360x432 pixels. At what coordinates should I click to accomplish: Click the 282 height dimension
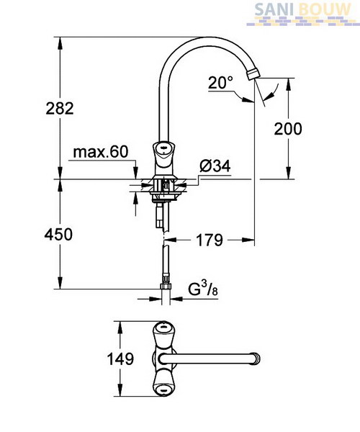60,108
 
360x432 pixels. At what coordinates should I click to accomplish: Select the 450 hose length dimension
58,235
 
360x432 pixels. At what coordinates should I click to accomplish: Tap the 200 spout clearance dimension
288,129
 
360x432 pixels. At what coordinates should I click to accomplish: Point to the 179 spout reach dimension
210,240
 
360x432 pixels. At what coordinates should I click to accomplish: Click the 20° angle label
220,82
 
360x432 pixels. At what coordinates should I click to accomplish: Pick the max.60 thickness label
101,152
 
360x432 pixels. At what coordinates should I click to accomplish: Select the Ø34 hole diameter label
215,166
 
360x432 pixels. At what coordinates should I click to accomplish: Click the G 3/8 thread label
203,289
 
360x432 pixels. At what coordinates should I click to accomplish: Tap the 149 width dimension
120,359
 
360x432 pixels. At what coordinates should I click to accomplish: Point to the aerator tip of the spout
253,75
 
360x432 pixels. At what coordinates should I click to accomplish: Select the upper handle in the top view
163,334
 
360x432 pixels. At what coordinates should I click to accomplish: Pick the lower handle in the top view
163,384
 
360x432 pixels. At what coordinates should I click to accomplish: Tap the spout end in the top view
257,359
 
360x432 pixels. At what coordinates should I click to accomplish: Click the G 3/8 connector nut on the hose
166,287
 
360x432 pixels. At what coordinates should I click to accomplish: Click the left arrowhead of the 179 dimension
170,240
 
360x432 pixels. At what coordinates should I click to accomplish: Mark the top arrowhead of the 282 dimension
60,43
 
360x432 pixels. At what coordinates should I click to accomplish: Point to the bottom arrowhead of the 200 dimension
288,173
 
